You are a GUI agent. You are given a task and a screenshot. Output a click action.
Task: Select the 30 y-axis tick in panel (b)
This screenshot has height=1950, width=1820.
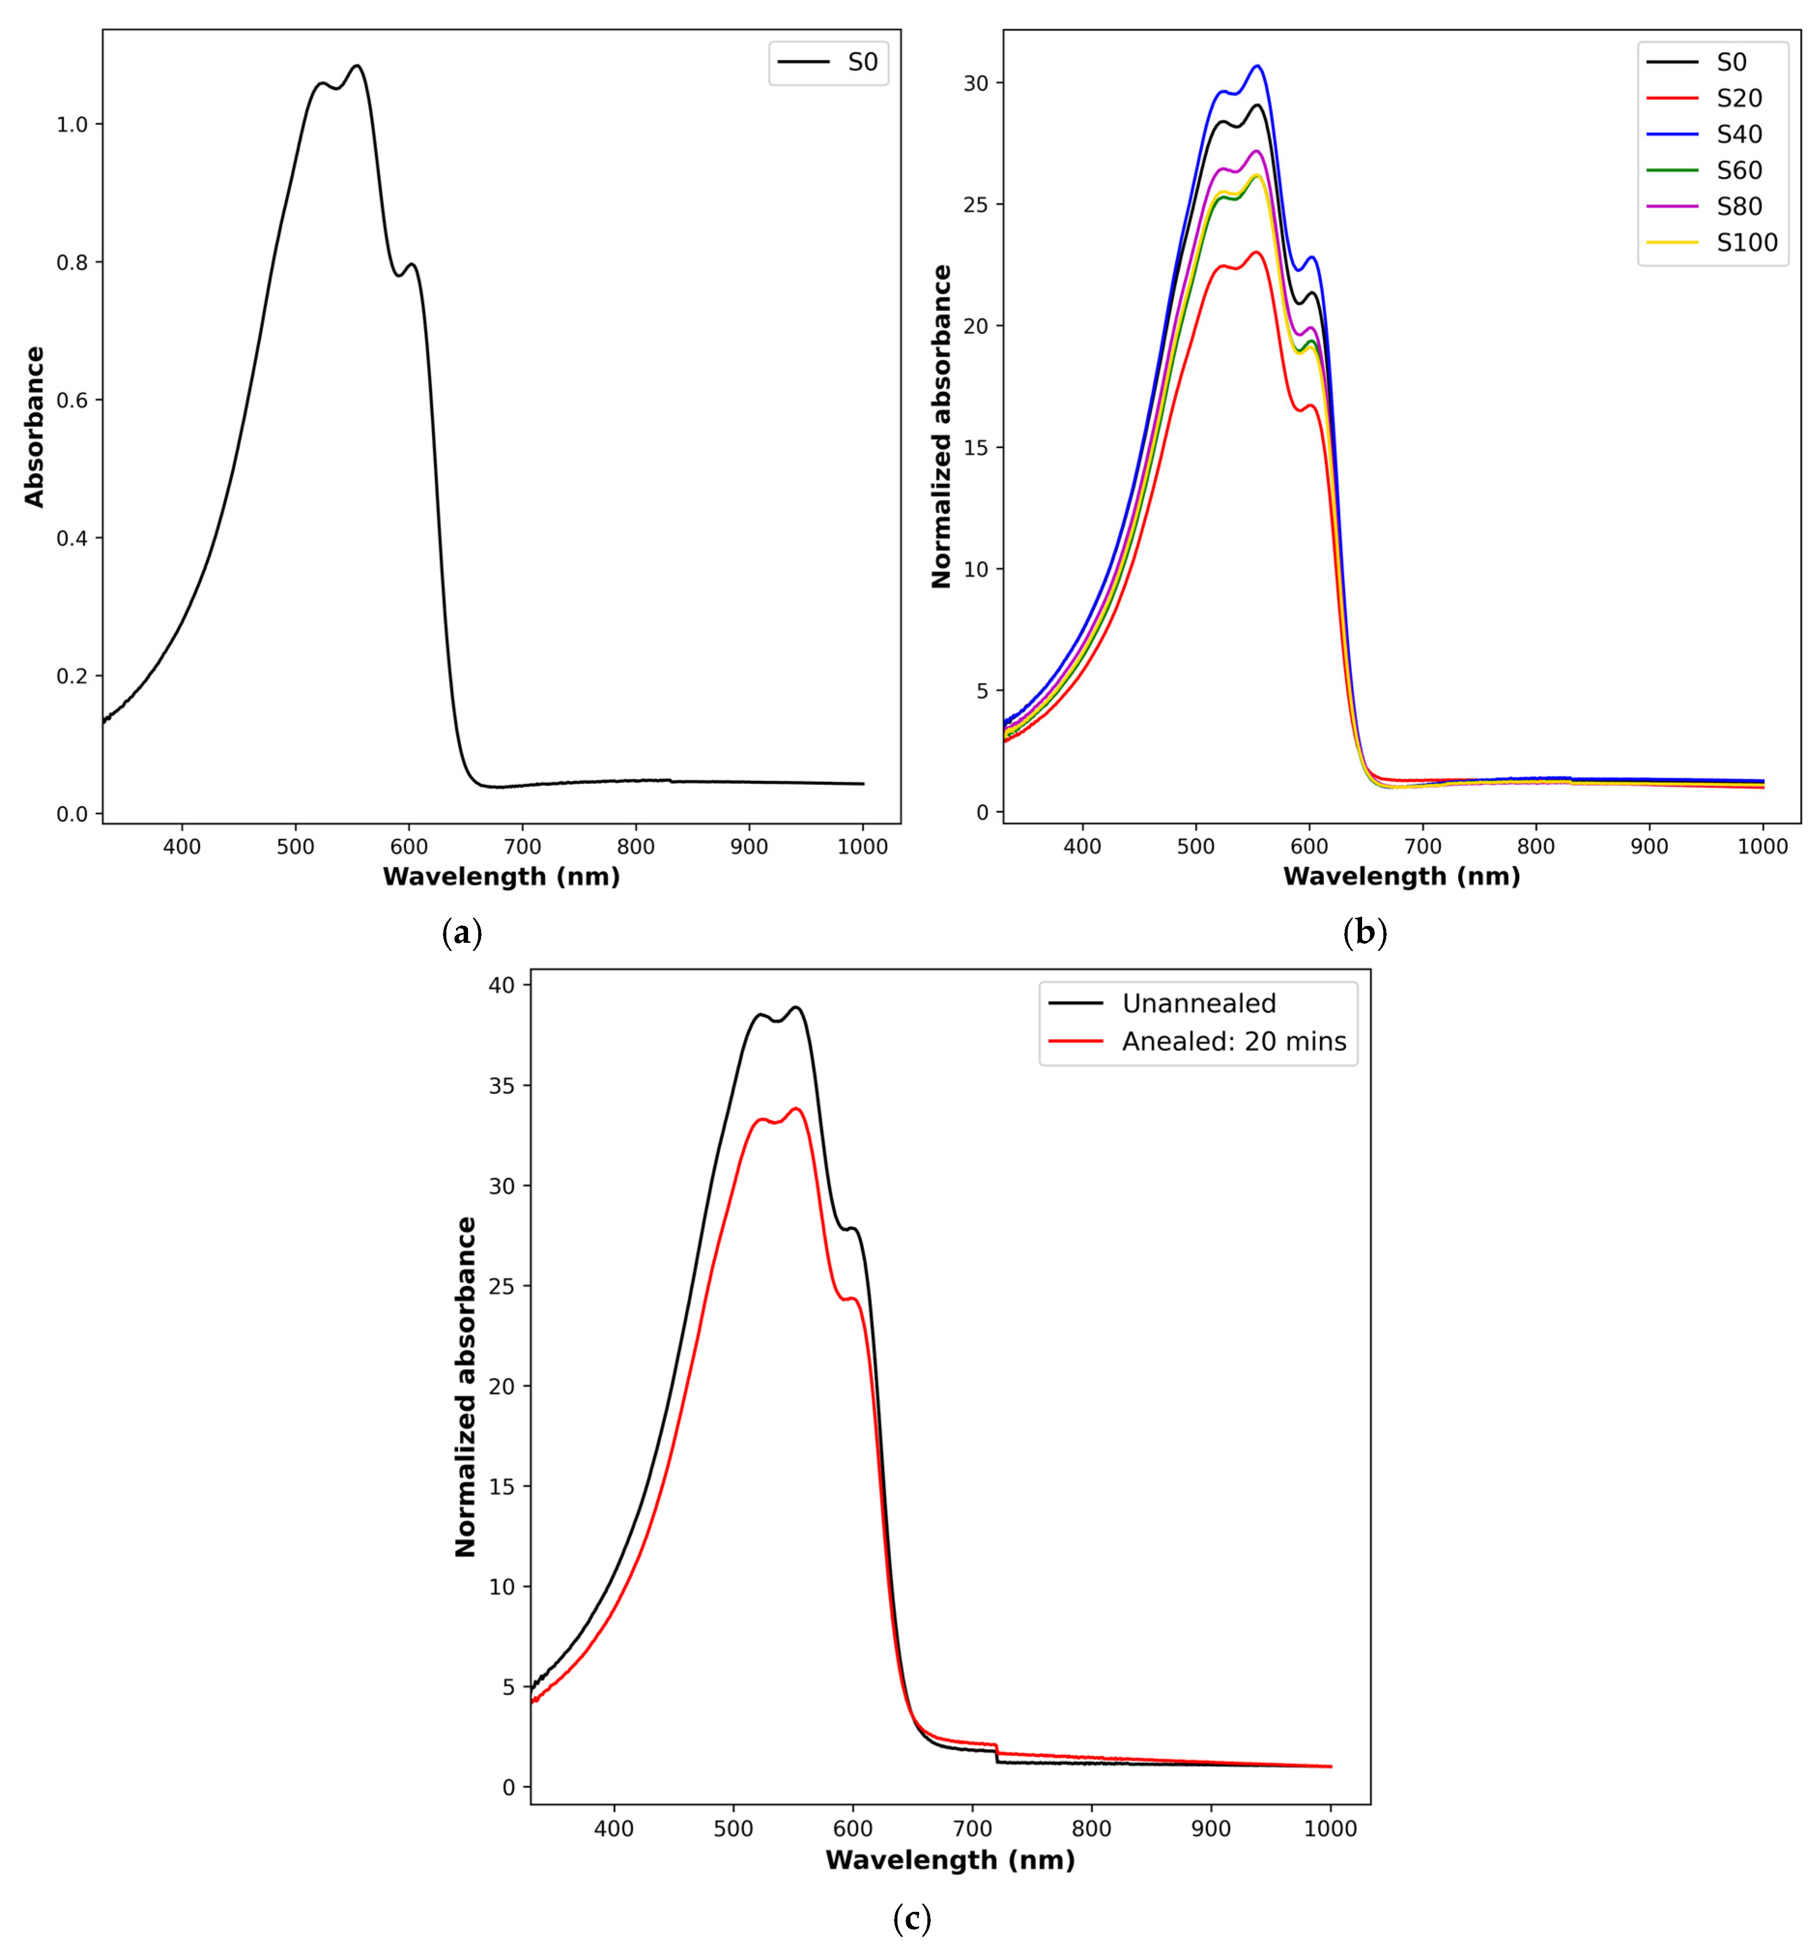click(976, 84)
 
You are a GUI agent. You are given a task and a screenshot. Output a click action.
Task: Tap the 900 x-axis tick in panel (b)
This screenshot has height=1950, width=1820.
click(1649, 846)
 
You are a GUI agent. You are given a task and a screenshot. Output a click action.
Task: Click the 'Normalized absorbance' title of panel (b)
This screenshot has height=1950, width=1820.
click(941, 427)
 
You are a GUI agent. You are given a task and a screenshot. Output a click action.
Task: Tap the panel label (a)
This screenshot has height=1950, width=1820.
click(462, 932)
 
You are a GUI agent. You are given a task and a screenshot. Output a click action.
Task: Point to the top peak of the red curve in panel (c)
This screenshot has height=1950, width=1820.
click(796, 1109)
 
